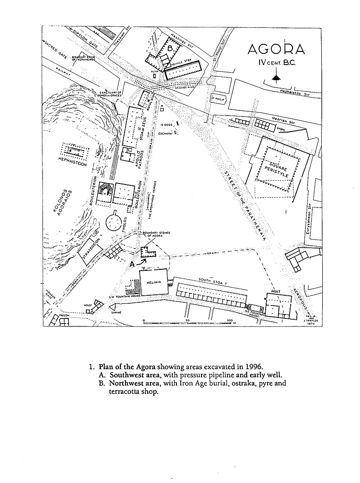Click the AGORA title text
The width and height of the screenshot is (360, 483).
(276, 50)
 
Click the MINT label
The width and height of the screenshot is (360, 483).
(275, 292)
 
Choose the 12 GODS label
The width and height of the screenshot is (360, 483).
(166, 123)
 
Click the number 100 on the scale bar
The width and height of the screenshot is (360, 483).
(229, 321)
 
